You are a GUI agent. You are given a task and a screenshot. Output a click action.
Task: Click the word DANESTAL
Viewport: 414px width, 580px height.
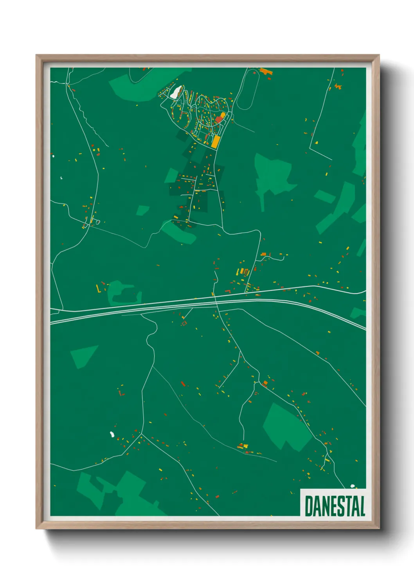click(x=335, y=506)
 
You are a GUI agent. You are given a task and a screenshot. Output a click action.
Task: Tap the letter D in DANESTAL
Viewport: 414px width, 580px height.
click(x=309, y=506)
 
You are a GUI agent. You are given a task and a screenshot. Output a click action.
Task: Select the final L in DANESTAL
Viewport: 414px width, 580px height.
click(x=362, y=506)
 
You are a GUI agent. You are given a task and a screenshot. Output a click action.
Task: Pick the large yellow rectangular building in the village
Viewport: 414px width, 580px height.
click(x=215, y=141)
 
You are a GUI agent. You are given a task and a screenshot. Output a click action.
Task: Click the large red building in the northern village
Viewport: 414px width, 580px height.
click(x=218, y=119)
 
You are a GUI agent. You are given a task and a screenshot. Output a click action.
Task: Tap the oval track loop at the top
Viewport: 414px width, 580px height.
click(x=248, y=89)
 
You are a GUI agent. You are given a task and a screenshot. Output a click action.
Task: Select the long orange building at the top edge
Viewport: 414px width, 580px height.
click(x=266, y=71)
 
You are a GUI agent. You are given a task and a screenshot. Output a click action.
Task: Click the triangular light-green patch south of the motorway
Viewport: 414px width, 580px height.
click(x=83, y=355)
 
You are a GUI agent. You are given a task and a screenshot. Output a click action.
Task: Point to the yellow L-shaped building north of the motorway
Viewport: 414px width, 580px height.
click(x=98, y=289)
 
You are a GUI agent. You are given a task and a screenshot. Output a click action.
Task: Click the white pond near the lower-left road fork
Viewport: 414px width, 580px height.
click(x=112, y=434)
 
